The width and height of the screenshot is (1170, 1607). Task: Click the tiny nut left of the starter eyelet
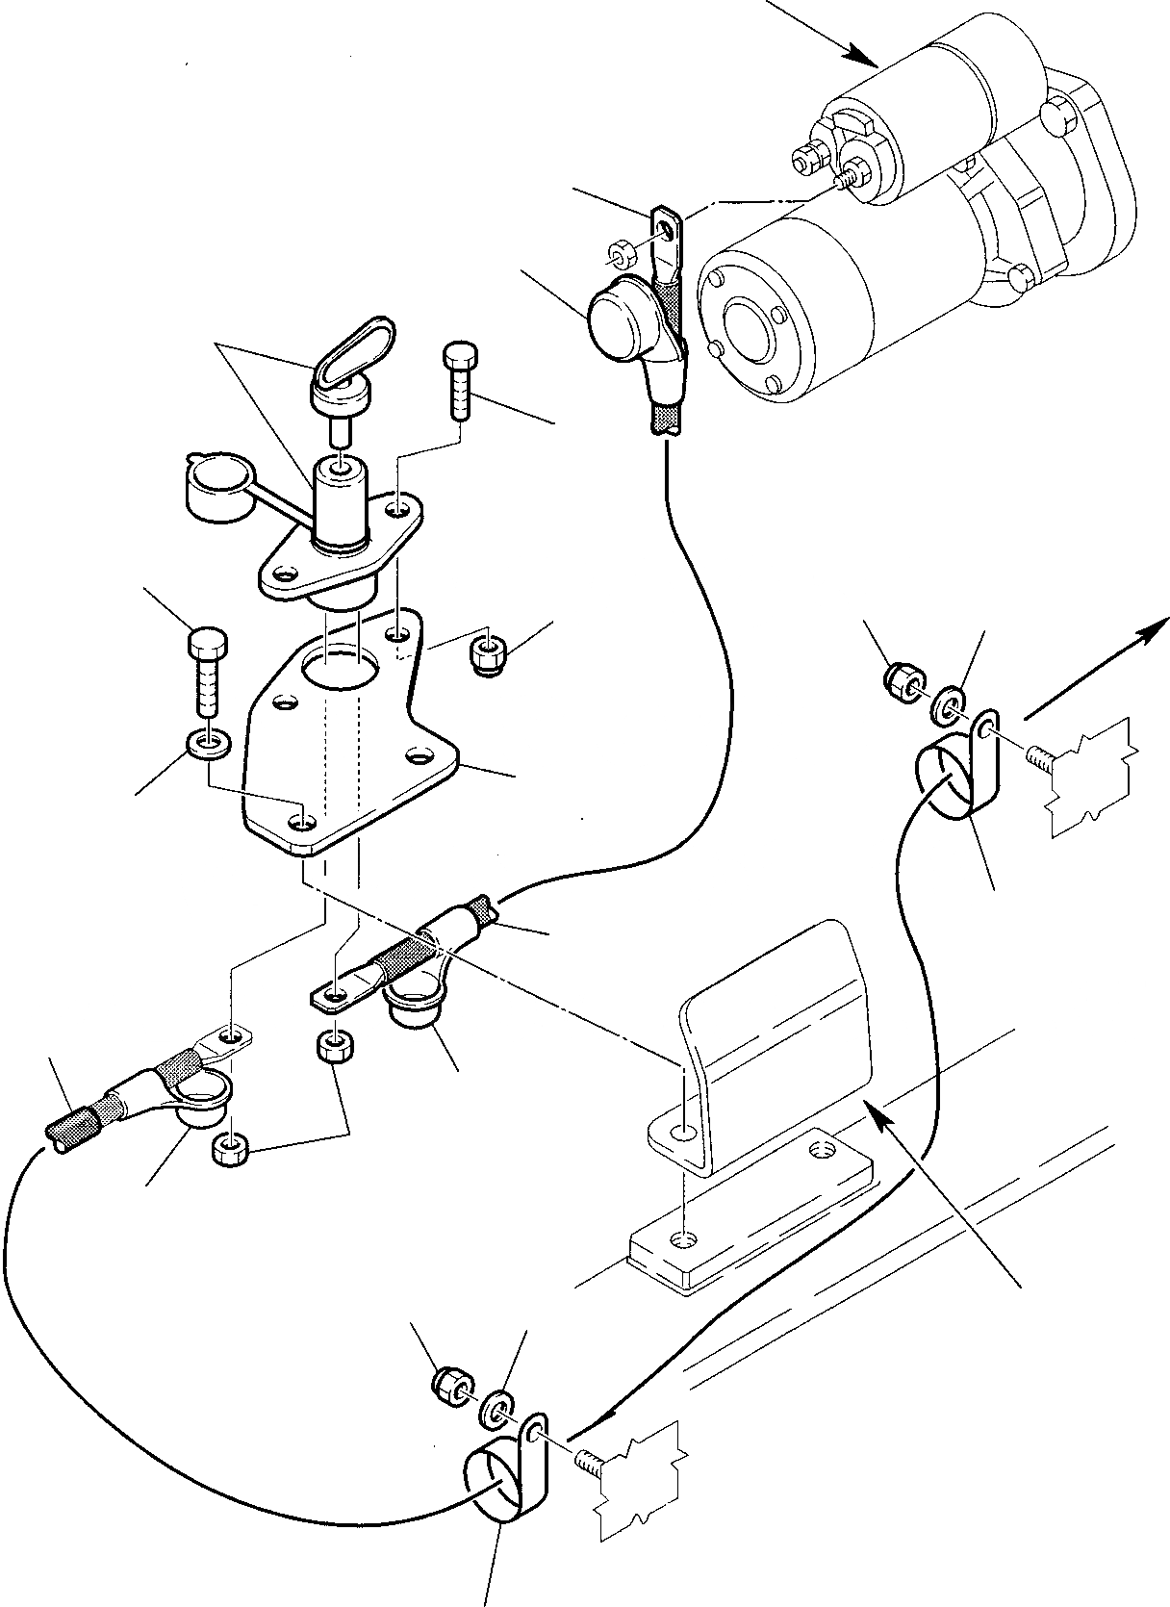pos(618,256)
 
